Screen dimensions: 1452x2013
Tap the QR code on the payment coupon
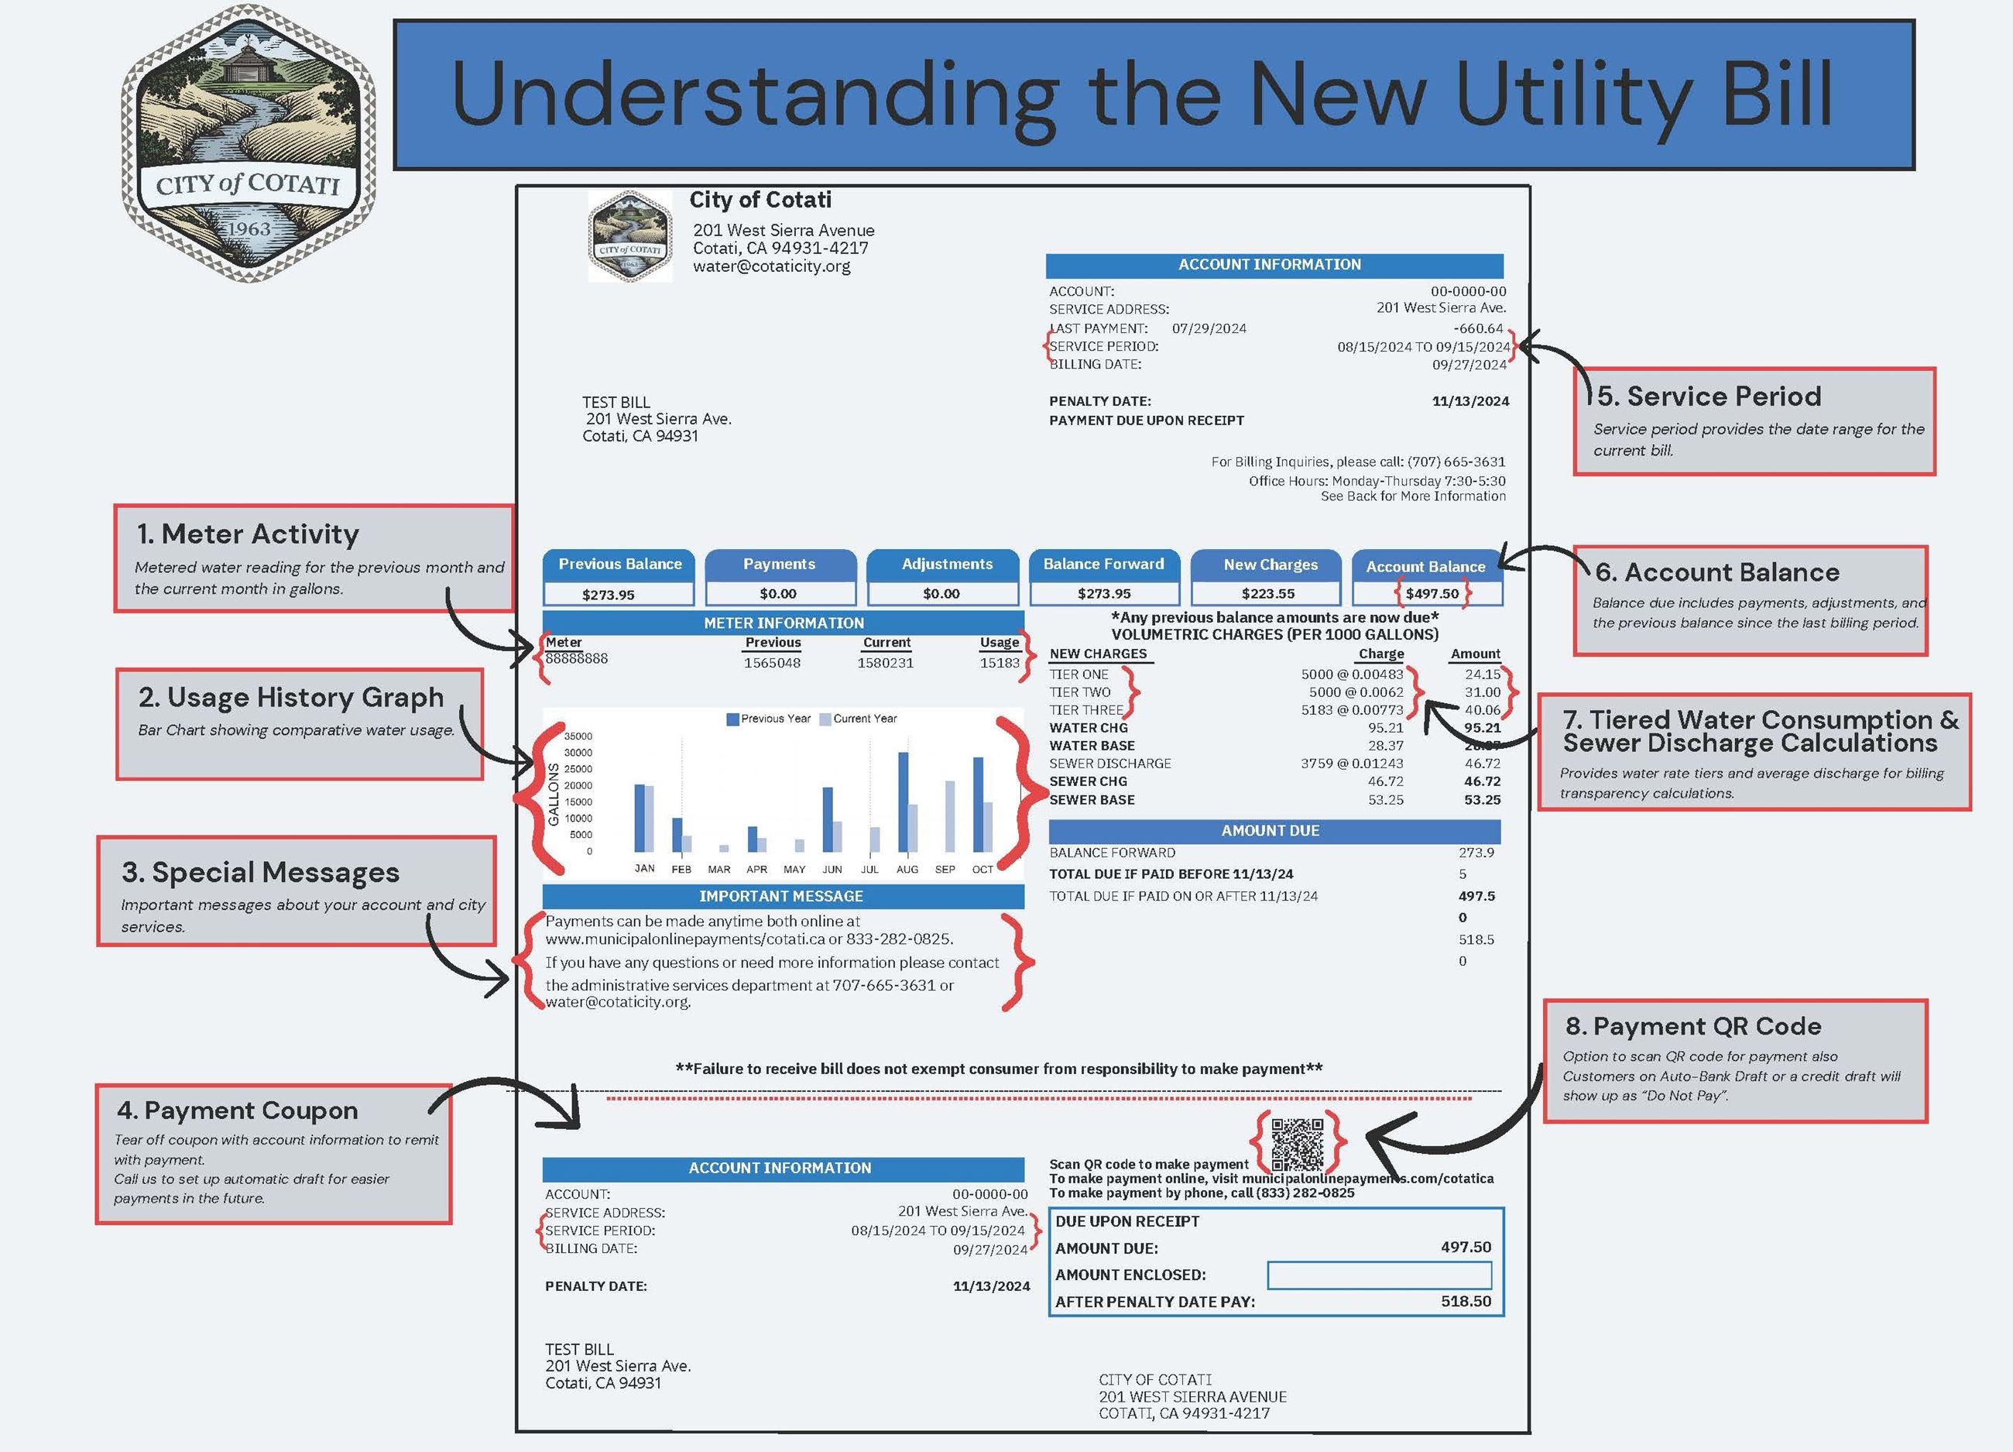[x=1297, y=1144]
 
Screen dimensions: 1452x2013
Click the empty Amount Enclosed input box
[x=1378, y=1275]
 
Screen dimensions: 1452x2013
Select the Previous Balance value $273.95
[x=608, y=595]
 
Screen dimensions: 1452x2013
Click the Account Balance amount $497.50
[x=1432, y=594]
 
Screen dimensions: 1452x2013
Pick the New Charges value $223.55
[x=1267, y=594]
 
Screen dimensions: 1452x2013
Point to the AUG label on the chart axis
[x=907, y=870]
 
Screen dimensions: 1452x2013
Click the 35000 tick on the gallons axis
[x=578, y=736]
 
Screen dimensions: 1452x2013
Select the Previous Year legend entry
[x=769, y=719]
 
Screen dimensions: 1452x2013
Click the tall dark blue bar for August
[x=903, y=802]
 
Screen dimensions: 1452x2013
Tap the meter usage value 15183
[x=1000, y=663]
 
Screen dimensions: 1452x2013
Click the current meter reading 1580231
[x=885, y=663]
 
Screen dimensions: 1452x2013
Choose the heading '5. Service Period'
[x=1709, y=396]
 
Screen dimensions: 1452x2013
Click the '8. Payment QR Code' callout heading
[x=1692, y=1026]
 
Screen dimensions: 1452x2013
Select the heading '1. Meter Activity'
[x=248, y=534]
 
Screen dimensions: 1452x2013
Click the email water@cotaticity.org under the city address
[x=771, y=266]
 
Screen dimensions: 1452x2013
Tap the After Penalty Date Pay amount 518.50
[x=1466, y=1301]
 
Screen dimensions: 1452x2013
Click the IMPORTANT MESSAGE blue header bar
[x=782, y=897]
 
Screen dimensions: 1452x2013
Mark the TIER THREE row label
[x=1086, y=710]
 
